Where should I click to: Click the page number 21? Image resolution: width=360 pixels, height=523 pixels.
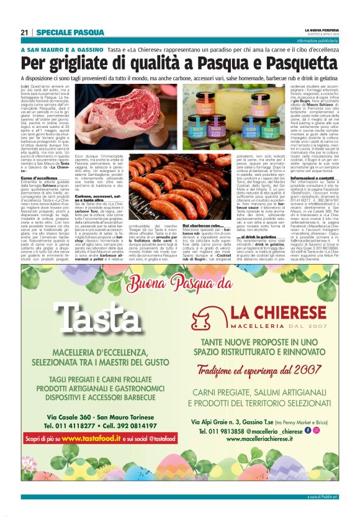coord(25,32)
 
